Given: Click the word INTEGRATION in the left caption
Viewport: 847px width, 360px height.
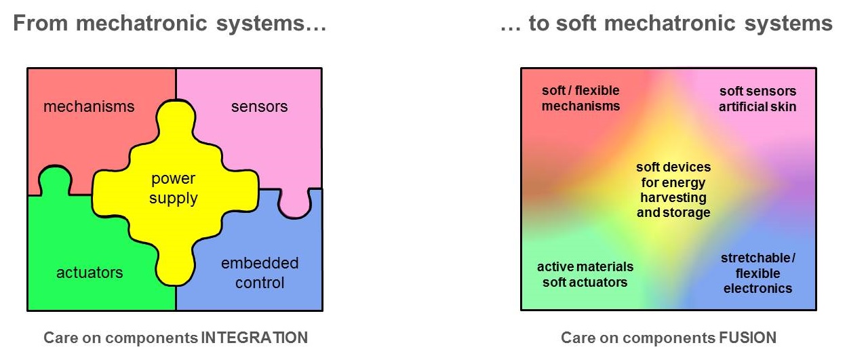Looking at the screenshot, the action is tap(254, 338).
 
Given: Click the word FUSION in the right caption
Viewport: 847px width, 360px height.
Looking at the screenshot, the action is tap(747, 338).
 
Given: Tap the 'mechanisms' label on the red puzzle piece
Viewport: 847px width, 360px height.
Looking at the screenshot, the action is tap(89, 106).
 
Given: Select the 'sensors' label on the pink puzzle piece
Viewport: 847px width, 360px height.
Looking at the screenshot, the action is tap(260, 106).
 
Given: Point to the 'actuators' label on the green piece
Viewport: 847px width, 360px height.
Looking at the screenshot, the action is tap(90, 273).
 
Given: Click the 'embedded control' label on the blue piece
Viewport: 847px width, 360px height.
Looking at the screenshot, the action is tap(260, 273).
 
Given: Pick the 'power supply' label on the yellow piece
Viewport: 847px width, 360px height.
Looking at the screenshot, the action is tap(173, 188).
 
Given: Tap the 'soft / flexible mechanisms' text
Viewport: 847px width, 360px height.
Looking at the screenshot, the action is tap(580, 98).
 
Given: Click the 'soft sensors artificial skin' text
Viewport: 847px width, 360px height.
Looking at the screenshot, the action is tap(757, 99).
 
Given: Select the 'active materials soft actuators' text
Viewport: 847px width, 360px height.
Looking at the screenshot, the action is tap(585, 275).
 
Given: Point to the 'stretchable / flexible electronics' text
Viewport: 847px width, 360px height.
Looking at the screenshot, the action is tap(757, 273).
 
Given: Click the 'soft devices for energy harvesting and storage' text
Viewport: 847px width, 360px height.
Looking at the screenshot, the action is tap(673, 190).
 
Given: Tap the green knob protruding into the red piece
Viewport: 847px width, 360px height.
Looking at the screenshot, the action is tap(55, 180).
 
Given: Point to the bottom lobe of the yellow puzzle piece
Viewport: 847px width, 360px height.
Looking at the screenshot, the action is tap(176, 264).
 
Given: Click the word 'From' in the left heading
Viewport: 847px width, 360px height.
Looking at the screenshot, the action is tap(41, 23).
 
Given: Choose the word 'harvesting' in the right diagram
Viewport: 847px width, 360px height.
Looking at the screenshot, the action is tap(673, 198).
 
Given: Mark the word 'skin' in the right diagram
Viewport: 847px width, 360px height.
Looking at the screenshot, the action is tap(783, 106).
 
